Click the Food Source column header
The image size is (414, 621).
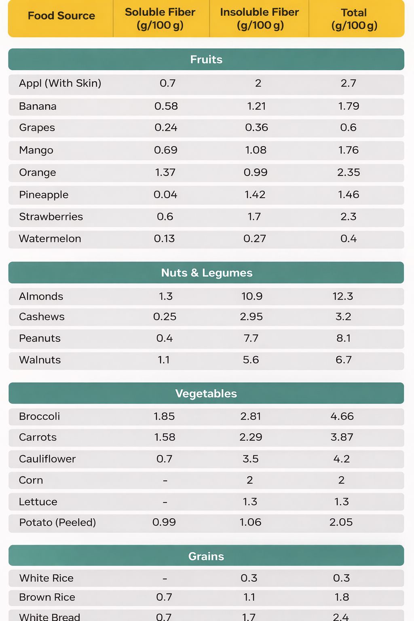click(x=61, y=16)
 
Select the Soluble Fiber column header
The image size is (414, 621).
click(x=160, y=19)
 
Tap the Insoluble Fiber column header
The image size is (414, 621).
click(x=260, y=19)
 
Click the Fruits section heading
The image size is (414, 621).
click(x=206, y=59)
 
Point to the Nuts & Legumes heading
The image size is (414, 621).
click(x=207, y=273)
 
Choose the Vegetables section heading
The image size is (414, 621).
click(x=206, y=393)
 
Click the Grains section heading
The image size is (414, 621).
click(x=206, y=556)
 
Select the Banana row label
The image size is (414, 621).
click(x=38, y=106)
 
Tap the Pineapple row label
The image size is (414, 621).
click(x=44, y=195)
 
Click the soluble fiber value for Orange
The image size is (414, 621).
click(x=165, y=173)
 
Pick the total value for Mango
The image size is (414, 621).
click(x=349, y=150)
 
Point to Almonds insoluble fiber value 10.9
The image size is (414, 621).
click(x=252, y=296)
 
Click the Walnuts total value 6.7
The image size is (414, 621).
click(x=344, y=360)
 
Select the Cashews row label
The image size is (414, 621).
click(x=42, y=317)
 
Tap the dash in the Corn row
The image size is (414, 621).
click(x=165, y=480)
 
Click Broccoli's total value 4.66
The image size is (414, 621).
click(x=342, y=416)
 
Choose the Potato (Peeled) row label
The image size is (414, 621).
click(x=57, y=523)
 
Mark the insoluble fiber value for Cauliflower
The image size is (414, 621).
click(x=251, y=459)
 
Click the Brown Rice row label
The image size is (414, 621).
click(x=47, y=597)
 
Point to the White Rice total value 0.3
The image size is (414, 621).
click(x=341, y=578)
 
